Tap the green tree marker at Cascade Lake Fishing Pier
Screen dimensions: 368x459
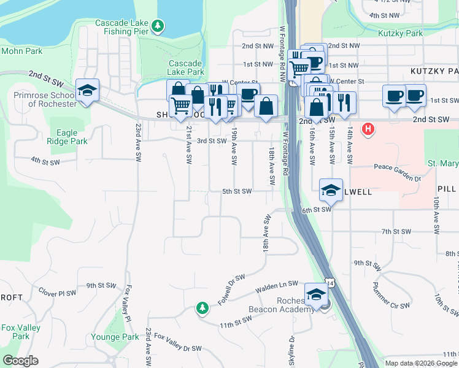pyautogui.click(x=158, y=26)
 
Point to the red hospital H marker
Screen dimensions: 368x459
pyautogui.click(x=368, y=129)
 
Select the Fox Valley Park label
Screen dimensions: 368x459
pyautogui.click(x=21, y=332)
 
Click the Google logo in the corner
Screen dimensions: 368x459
pyautogui.click(x=20, y=361)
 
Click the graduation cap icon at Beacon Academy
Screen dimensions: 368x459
pyautogui.click(x=317, y=294)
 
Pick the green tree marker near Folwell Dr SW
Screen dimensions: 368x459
pyautogui.click(x=202, y=307)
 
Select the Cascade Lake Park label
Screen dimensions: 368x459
pyautogui.click(x=186, y=67)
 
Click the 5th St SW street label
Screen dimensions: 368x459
pyautogui.click(x=237, y=191)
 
